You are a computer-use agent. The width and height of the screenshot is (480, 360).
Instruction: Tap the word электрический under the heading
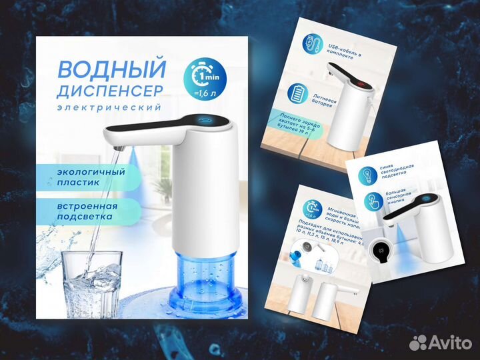[109, 107]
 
